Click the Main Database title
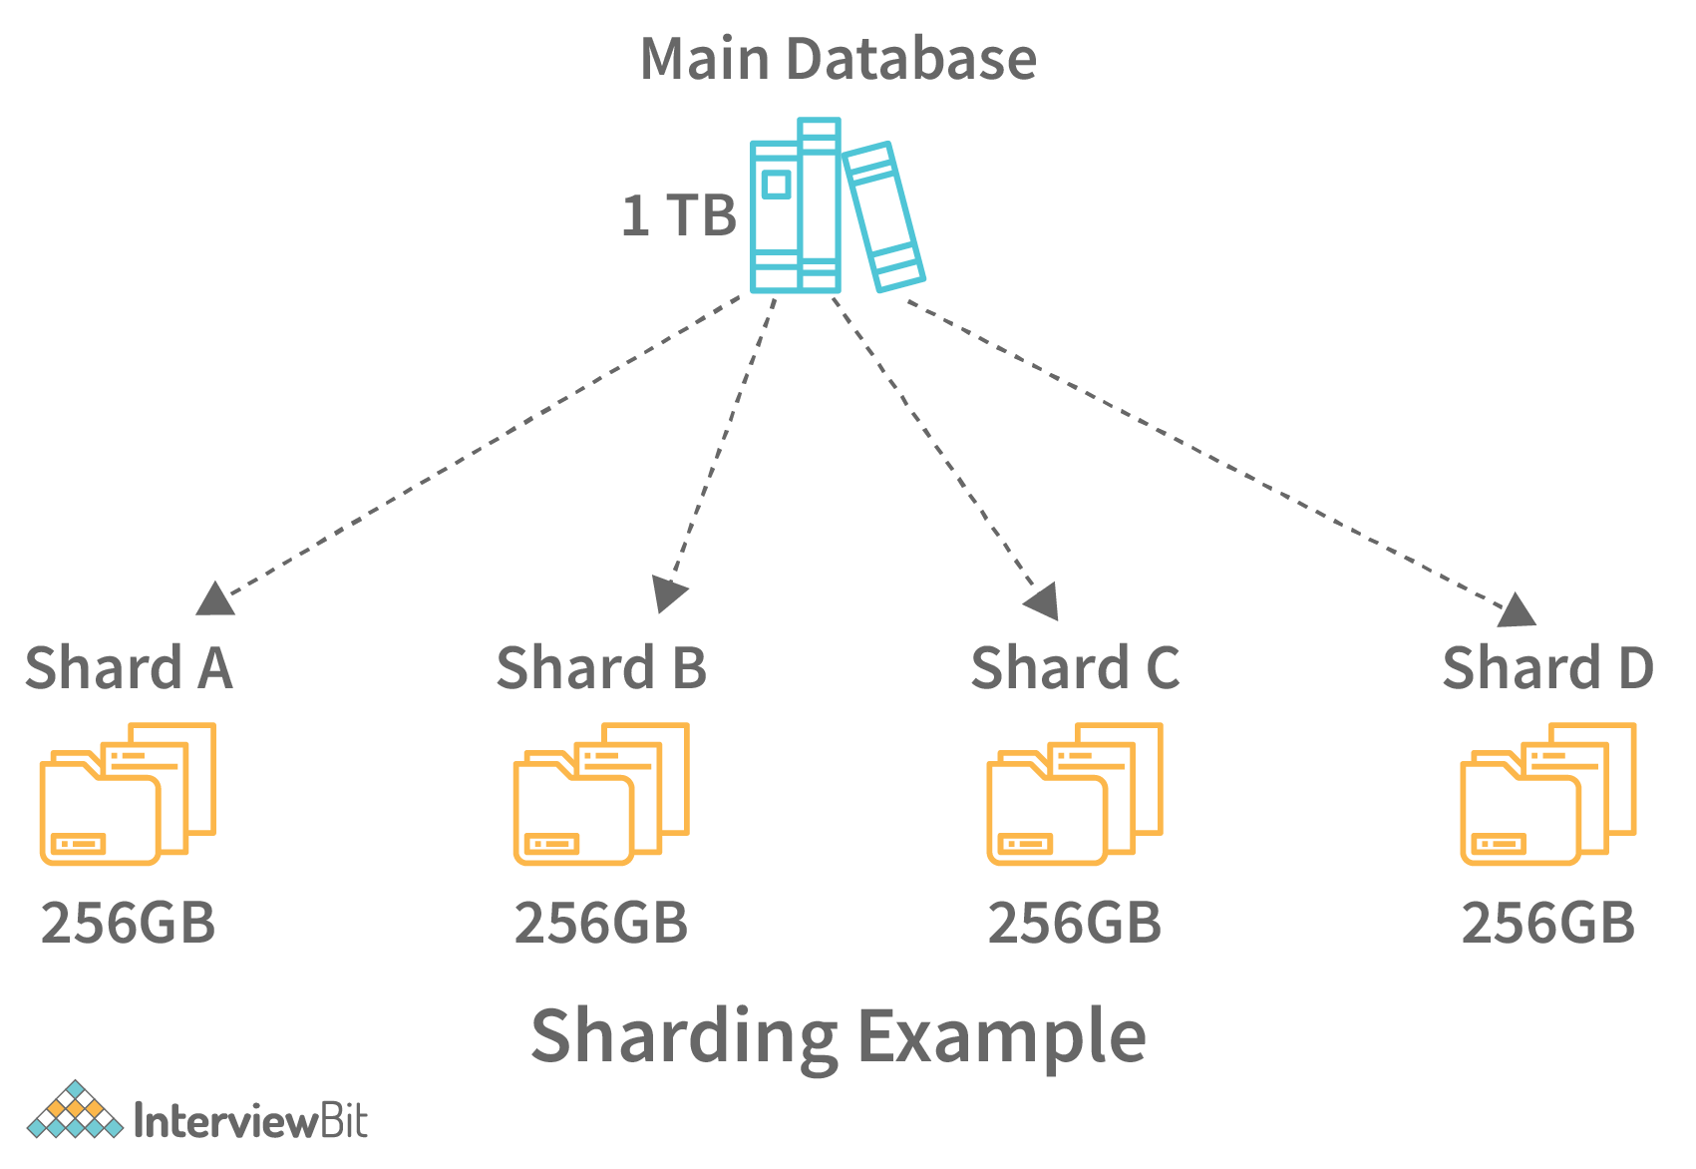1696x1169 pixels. click(x=838, y=59)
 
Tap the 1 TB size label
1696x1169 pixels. click(x=678, y=215)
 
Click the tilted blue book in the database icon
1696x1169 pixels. click(x=883, y=216)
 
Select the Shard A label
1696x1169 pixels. click(x=129, y=667)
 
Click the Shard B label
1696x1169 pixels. click(x=601, y=667)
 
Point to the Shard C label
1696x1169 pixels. click(x=1075, y=667)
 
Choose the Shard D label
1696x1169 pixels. click(x=1547, y=667)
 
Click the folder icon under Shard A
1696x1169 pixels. click(x=128, y=794)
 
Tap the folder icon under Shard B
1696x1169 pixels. click(x=601, y=794)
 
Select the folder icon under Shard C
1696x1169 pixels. click(x=1075, y=794)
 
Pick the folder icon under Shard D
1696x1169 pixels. click(x=1547, y=794)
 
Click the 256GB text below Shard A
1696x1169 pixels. click(x=129, y=923)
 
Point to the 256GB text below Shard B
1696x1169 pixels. click(x=601, y=923)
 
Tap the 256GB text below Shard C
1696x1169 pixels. click(x=1075, y=923)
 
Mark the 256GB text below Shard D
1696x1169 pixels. click(x=1548, y=923)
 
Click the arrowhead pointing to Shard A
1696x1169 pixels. click(x=214, y=598)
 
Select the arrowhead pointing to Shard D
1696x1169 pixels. click(x=1518, y=610)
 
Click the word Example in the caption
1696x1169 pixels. click(x=1002, y=1037)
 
